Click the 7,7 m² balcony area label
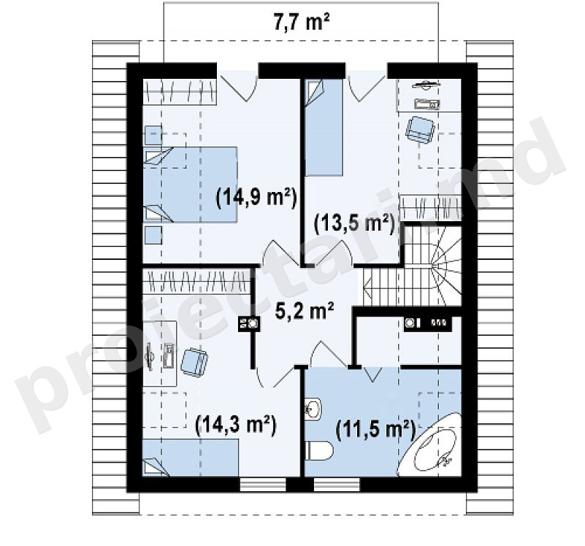pos(302,23)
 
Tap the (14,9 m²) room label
pos(256,196)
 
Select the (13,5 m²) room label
pos(354,223)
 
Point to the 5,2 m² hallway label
pos(304,312)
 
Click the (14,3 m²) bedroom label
pos(236,424)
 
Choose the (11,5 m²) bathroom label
pos(376,429)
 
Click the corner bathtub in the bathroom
pos(429,445)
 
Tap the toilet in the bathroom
pos(319,451)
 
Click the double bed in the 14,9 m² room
pos(191,185)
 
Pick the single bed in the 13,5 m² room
pos(324,127)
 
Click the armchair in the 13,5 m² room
pos(421,128)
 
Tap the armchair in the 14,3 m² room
pos(194,362)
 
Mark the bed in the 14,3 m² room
pos(191,458)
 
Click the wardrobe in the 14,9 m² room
pos(180,91)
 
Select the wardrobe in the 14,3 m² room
pos(196,280)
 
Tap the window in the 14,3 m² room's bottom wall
pos(263,485)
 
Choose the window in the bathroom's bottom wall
pos(337,485)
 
